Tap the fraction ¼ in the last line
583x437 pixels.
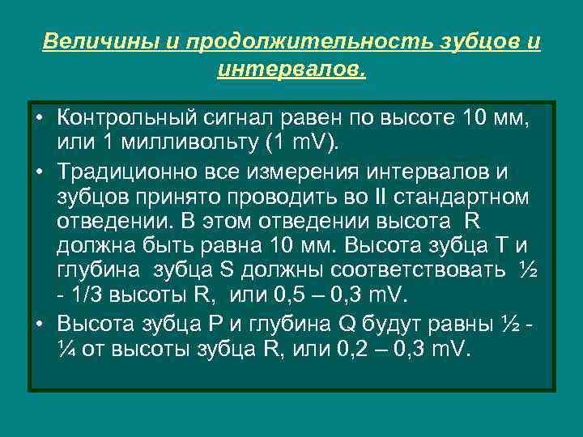click(66, 350)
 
